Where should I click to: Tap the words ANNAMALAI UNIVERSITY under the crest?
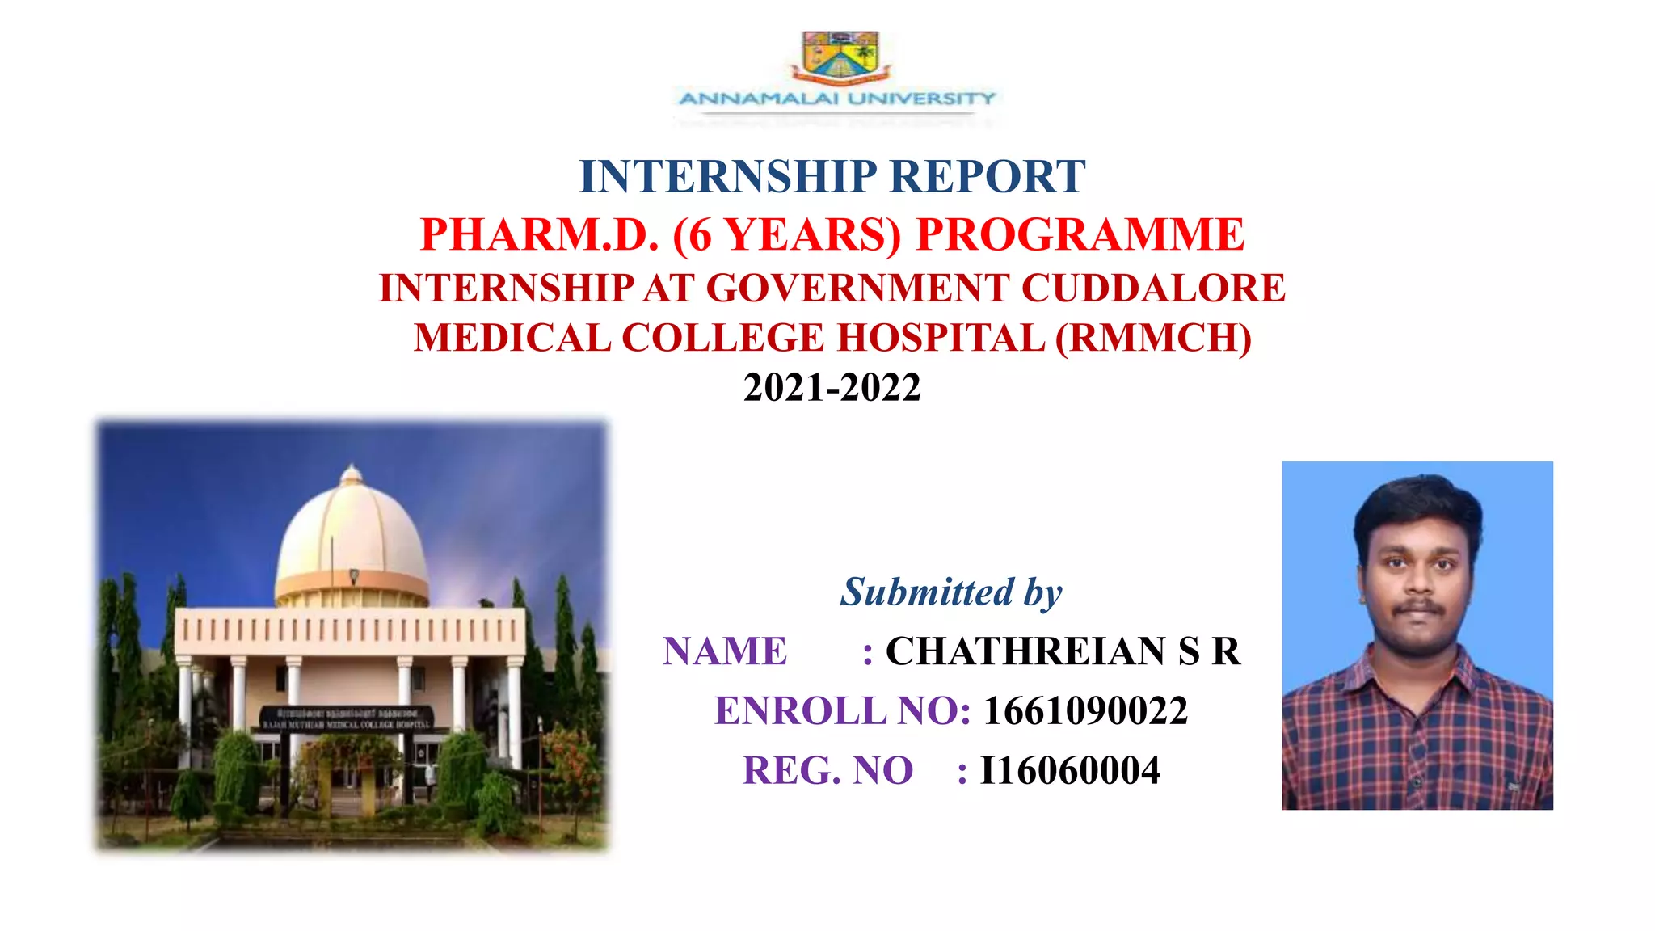tap(837, 99)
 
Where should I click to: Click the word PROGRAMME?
tap(1080, 234)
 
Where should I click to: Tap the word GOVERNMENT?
tap(858, 288)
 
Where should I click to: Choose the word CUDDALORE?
tap(1153, 288)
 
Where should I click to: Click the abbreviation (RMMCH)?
tap(1153, 338)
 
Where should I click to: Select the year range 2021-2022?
tap(832, 387)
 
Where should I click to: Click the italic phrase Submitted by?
tap(951, 592)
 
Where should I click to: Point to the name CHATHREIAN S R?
tap(1063, 651)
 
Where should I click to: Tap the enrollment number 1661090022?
tap(1085, 711)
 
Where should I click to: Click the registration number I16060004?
tap(1070, 770)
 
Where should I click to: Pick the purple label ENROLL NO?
tap(843, 711)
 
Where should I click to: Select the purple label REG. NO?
tap(827, 770)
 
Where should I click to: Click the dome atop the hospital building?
tap(352, 537)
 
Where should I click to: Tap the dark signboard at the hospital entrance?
tap(347, 718)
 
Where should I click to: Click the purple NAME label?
tap(725, 651)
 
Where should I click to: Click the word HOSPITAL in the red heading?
tap(941, 338)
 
